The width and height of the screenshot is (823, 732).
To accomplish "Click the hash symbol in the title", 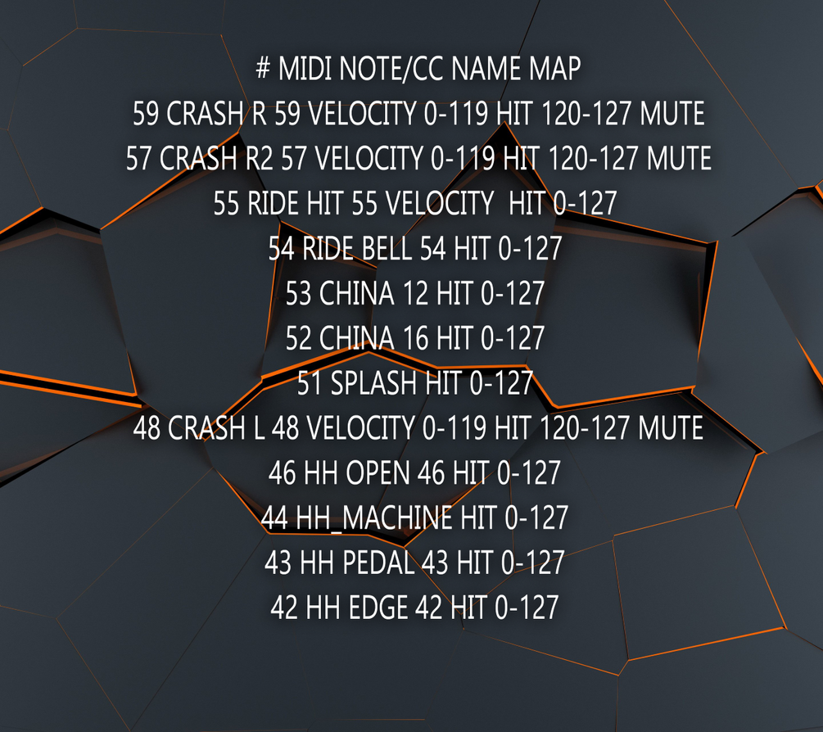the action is tap(263, 68).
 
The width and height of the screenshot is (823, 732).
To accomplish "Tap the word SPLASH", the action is tap(373, 382).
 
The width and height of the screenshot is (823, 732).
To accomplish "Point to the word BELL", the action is tap(387, 248).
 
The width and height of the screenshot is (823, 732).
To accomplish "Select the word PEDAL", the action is tap(378, 563).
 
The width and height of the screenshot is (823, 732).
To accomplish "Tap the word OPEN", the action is tap(378, 472).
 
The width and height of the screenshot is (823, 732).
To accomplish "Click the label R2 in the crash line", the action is tap(260, 159).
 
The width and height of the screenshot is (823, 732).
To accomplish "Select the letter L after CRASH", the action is tap(259, 428).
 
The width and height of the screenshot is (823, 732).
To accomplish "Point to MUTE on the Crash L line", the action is tap(670, 428).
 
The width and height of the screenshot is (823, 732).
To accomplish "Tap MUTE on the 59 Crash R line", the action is tap(672, 113).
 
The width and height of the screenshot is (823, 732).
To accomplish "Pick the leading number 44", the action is tap(274, 518).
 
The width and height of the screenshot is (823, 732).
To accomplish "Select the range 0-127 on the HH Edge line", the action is tap(527, 608).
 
